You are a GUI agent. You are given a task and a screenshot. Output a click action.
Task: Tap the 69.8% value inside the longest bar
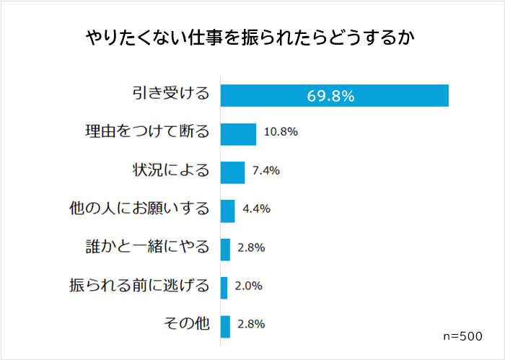330,96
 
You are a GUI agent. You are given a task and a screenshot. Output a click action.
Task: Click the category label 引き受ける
171,95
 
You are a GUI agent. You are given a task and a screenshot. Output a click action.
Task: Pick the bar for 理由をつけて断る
238,133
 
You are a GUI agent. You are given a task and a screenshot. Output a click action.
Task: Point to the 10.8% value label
281,133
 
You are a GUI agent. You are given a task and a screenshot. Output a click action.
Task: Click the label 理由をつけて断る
146,133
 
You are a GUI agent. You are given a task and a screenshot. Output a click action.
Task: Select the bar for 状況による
232,172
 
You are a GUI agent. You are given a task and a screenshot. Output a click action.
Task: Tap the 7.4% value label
265,171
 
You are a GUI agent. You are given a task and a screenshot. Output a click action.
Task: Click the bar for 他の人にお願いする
227,210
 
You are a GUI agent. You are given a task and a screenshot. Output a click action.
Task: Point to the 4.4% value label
256,209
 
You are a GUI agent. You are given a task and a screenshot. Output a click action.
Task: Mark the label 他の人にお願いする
137,209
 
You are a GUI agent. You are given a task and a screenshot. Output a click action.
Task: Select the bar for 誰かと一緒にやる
225,249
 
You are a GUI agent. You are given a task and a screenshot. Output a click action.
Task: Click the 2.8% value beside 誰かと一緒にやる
251,247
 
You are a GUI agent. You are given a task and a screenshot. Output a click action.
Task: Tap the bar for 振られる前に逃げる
224,287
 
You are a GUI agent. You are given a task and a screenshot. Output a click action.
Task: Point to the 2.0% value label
248,286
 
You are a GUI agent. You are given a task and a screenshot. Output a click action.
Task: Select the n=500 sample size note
463,336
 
